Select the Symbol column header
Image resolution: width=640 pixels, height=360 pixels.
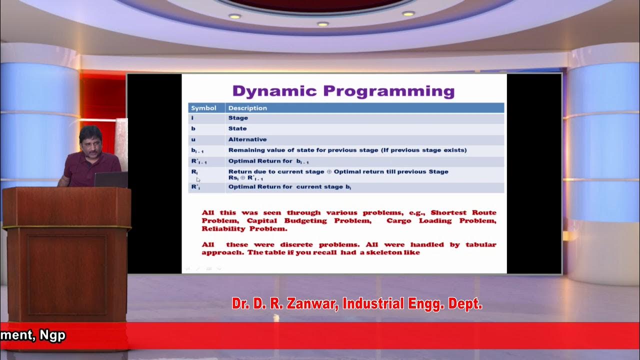point(203,108)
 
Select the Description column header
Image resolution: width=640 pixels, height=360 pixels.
point(247,108)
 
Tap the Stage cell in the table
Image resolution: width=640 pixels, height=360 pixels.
point(238,118)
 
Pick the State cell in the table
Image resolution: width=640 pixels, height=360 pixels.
point(237,128)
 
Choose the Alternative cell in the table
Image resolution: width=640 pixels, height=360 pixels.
point(247,139)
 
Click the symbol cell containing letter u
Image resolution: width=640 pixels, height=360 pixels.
point(193,139)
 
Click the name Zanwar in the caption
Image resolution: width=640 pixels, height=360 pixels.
point(311,303)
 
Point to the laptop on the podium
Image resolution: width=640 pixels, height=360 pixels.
point(110,179)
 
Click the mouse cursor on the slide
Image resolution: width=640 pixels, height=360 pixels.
point(198,179)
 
